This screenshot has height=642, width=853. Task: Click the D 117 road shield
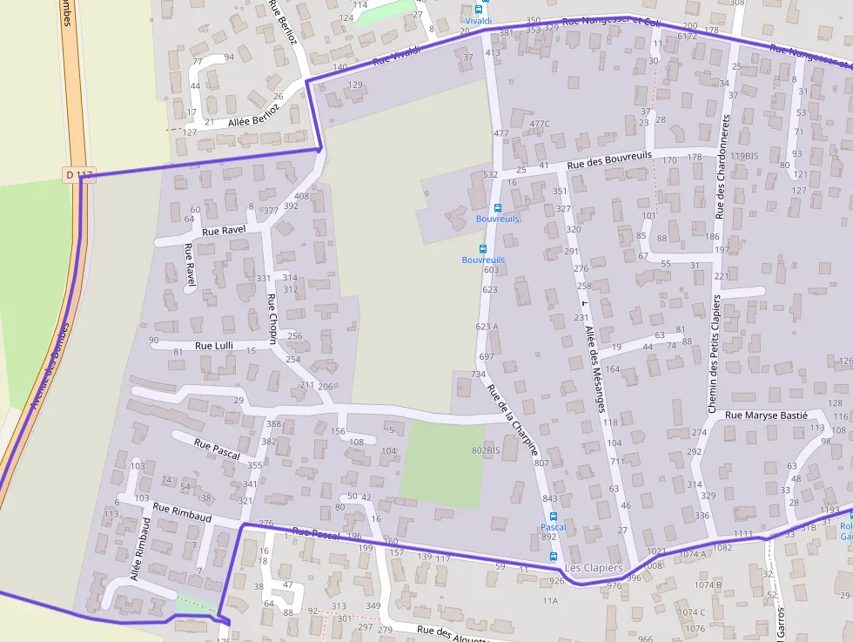pos(79,175)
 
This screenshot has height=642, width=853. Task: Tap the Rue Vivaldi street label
pos(396,55)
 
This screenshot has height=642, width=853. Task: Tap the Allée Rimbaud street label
pos(141,549)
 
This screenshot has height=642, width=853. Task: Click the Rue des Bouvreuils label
pos(609,159)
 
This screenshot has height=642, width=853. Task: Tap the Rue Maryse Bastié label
pos(766,416)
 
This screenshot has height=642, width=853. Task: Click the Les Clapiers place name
pos(594,568)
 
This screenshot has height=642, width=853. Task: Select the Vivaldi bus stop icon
pos(478,10)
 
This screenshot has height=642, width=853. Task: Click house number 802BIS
pos(486,450)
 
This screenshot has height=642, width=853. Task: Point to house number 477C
pos(540,124)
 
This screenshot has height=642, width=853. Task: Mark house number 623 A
pos(487,327)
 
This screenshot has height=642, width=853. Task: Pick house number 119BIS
pos(744,156)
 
